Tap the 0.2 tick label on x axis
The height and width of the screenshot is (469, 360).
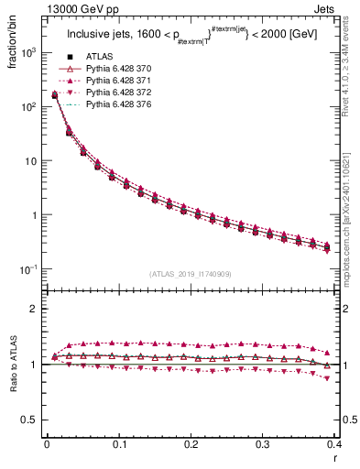[x=191, y=444]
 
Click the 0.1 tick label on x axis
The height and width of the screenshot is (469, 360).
[x=118, y=444]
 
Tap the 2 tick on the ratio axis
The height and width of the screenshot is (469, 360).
[x=32, y=309]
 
